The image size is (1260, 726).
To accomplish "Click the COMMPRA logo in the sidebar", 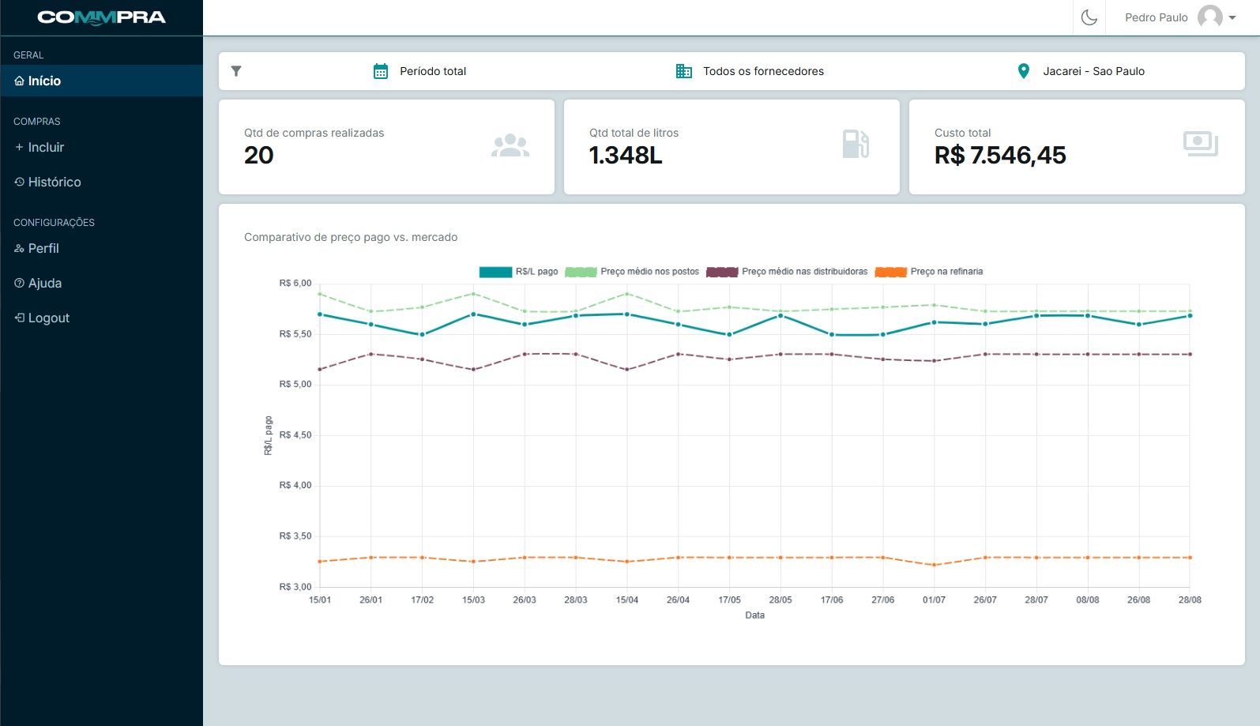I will point(101,17).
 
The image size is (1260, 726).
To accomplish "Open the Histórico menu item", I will point(54,182).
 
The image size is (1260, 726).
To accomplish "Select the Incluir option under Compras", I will point(46,147).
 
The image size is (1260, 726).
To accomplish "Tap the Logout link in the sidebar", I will point(48,318).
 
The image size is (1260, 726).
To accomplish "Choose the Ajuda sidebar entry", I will point(44,283).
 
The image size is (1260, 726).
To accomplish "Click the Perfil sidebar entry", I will point(43,248).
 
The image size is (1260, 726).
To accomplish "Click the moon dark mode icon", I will point(1089,17).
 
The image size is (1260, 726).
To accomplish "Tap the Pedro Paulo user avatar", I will point(1209,17).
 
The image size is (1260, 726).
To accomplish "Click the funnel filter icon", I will point(236,71).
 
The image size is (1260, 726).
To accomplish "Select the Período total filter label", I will point(433,71).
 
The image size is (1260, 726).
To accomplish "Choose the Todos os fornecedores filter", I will point(763,71).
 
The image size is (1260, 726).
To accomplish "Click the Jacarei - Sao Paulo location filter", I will point(1093,71).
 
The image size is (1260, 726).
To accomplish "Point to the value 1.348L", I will point(626,156).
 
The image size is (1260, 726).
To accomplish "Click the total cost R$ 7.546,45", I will point(1000,156).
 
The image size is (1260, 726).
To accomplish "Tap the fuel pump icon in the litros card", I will point(856,144).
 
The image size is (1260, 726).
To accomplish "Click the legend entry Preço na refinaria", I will point(946,272).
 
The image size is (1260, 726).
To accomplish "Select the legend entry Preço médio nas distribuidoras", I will point(804,272).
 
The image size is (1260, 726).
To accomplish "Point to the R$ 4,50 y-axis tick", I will point(295,435).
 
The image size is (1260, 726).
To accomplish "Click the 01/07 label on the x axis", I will point(934,600).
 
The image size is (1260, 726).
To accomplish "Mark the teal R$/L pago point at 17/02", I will point(422,335).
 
